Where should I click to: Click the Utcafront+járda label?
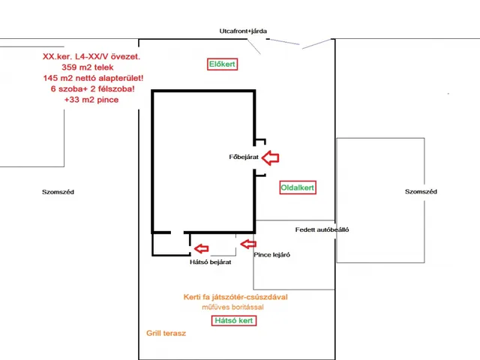click(x=242, y=31)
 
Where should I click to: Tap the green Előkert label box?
click(x=222, y=64)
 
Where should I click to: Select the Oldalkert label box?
click(x=298, y=187)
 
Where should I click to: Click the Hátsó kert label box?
click(x=234, y=320)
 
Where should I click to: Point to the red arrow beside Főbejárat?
click(x=269, y=157)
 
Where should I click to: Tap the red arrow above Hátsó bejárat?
click(x=201, y=248)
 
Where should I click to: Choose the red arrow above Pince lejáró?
click(x=248, y=243)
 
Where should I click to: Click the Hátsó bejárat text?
click(x=210, y=262)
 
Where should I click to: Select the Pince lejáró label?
click(x=271, y=255)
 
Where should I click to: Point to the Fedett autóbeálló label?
click(x=322, y=229)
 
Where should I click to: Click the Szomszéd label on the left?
click(x=58, y=192)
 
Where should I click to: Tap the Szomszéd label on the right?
click(x=421, y=192)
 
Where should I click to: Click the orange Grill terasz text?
click(x=166, y=333)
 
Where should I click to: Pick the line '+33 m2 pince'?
click(x=91, y=100)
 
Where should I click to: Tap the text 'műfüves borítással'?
click(x=235, y=307)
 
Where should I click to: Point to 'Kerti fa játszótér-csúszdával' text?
click(x=235, y=297)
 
